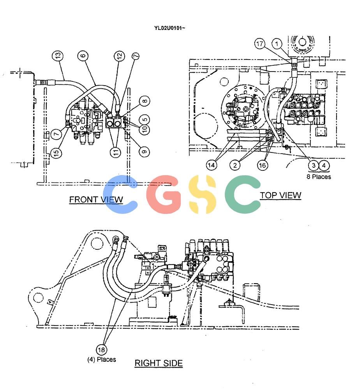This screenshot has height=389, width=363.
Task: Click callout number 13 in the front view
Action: tap(57, 56)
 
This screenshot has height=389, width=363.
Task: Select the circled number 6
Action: tap(83, 56)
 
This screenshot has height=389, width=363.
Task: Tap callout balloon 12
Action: tap(119, 56)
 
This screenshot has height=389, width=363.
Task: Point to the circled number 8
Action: tap(144, 101)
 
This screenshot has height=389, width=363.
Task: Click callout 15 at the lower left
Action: tap(56, 152)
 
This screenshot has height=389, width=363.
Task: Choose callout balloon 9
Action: tap(144, 152)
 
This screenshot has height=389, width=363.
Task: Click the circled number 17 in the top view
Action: tap(260, 44)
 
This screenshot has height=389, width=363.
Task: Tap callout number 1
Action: tap(277, 44)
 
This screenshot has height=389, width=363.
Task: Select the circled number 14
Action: tap(211, 165)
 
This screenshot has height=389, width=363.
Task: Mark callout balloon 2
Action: tap(235, 165)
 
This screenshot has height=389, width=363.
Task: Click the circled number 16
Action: tap(263, 165)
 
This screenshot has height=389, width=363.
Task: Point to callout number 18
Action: tap(101, 350)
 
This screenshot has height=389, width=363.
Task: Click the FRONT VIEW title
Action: tap(96, 200)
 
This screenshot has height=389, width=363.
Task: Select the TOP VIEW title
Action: tap(280, 195)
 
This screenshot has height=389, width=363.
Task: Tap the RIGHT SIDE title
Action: tap(159, 363)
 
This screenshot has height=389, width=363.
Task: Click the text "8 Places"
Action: tap(319, 177)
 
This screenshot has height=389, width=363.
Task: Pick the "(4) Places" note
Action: tap(102, 359)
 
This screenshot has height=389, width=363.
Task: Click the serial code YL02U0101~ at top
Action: tap(170, 28)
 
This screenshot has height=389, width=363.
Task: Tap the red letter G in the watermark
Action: tap(164, 194)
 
